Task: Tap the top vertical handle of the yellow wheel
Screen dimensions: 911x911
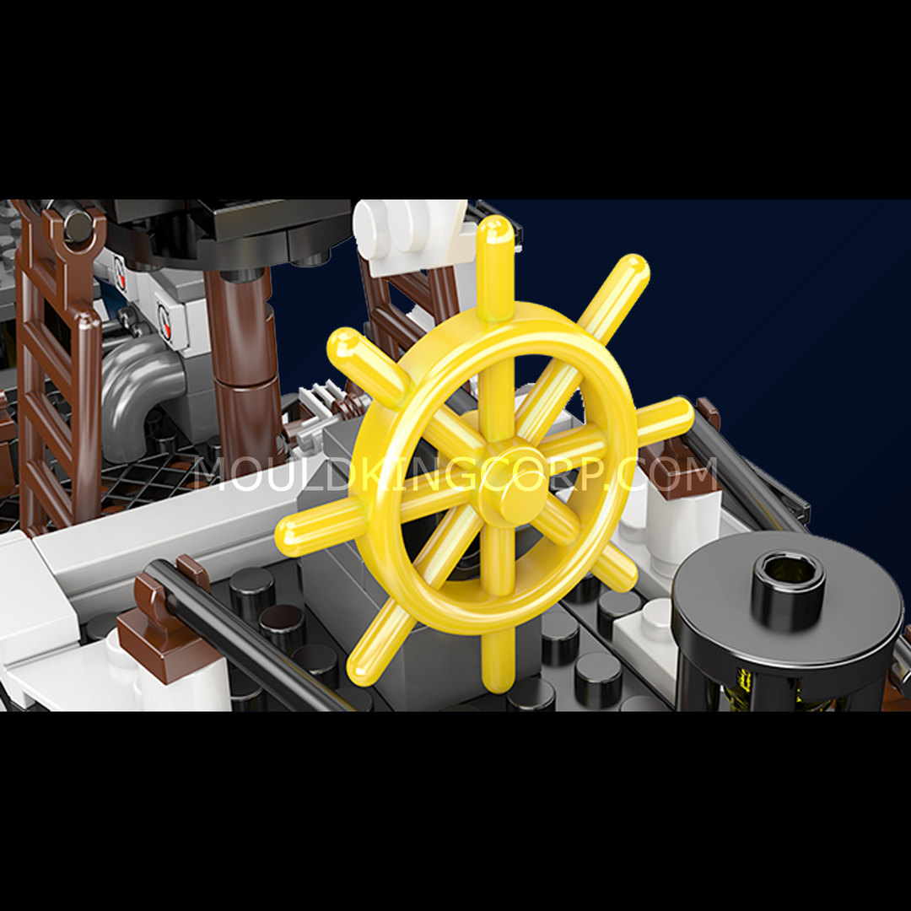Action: click(495, 267)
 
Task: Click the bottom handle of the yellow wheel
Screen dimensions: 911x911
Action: click(499, 661)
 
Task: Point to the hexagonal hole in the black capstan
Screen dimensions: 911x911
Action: click(789, 572)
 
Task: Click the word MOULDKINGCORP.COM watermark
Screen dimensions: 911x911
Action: click(455, 474)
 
